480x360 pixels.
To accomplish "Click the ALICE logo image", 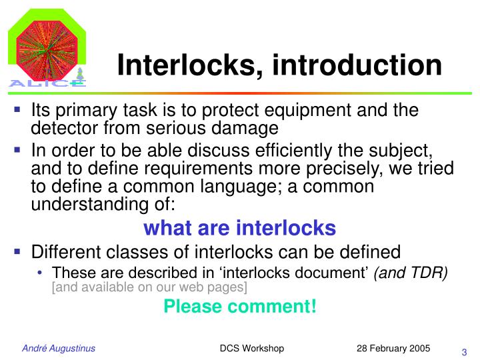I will [46, 46].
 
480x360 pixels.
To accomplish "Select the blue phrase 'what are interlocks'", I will [240, 228].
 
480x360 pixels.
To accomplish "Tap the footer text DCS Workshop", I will [252, 349].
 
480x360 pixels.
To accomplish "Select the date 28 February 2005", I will [393, 349].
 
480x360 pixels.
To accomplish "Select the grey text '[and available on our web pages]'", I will [149, 287].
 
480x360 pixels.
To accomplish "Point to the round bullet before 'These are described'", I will [42, 273].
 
